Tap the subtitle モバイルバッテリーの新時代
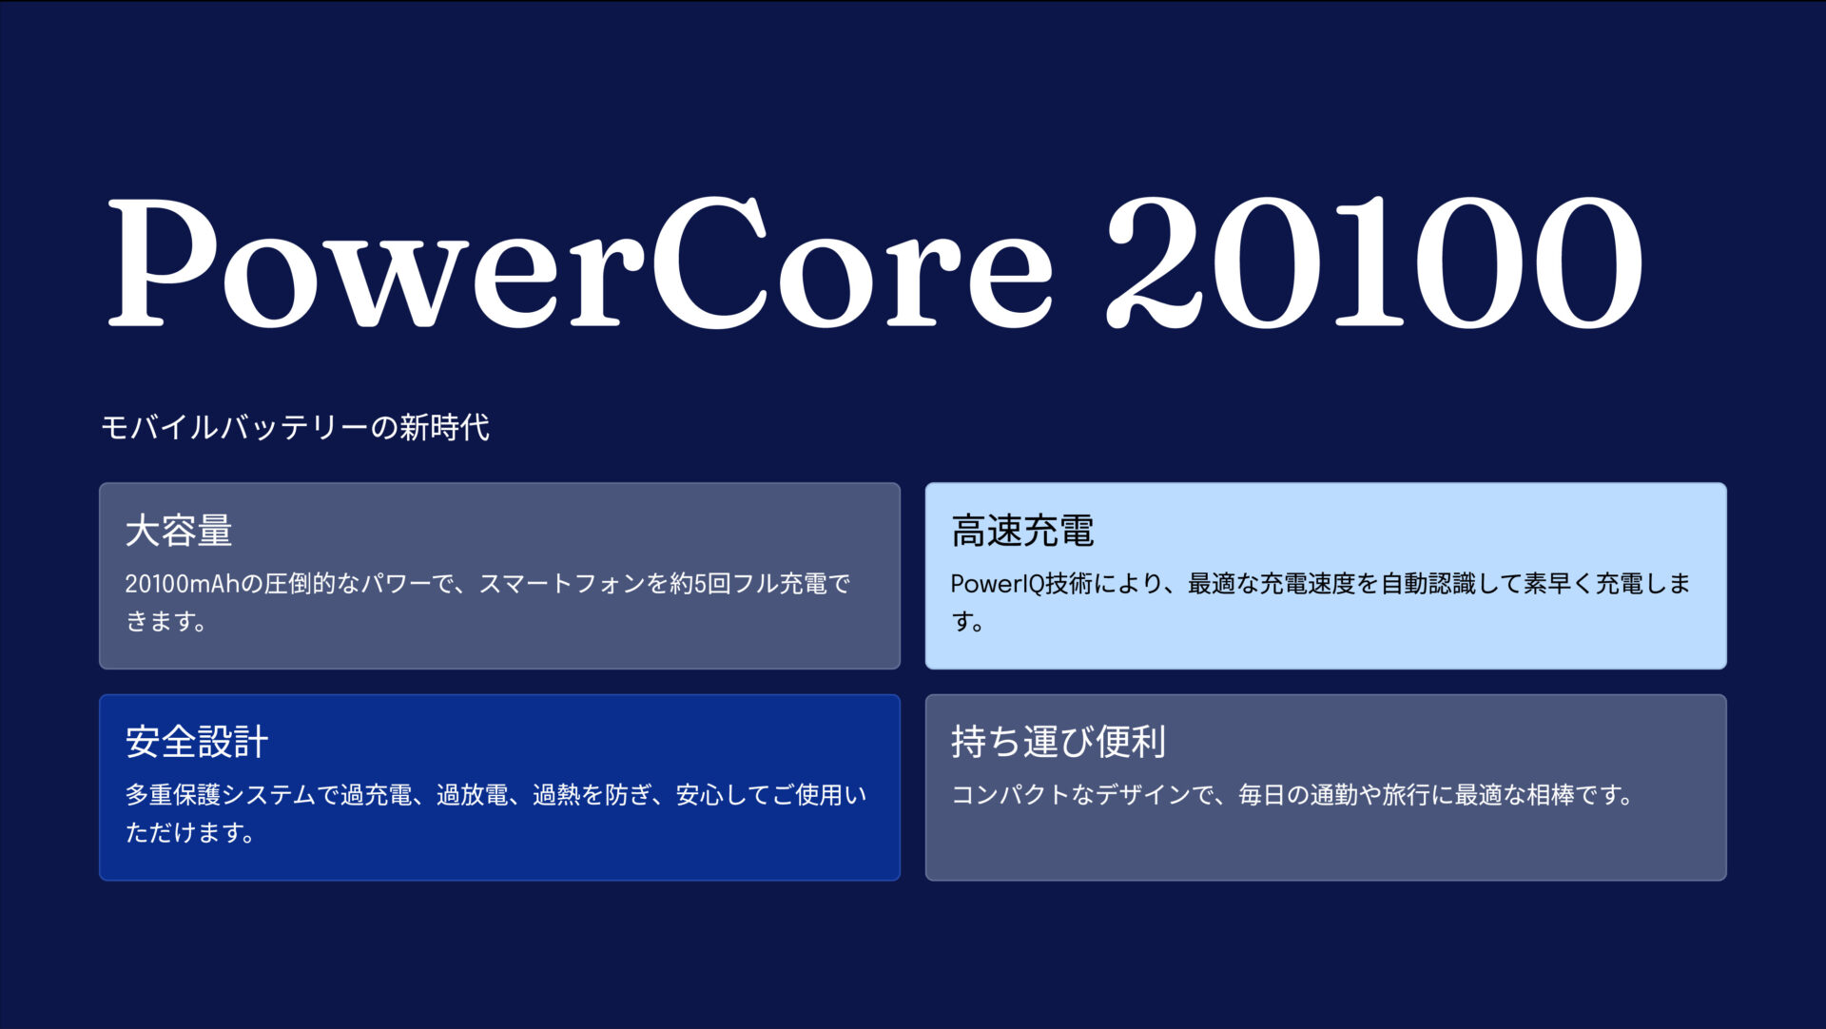[x=295, y=427]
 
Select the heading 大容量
[x=179, y=531]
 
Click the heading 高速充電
[x=1022, y=531]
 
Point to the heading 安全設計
[x=197, y=742]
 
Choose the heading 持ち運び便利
[x=1059, y=742]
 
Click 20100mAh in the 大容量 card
[x=182, y=584]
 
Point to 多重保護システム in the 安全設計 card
[x=220, y=795]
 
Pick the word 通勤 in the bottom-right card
[x=1333, y=795]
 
